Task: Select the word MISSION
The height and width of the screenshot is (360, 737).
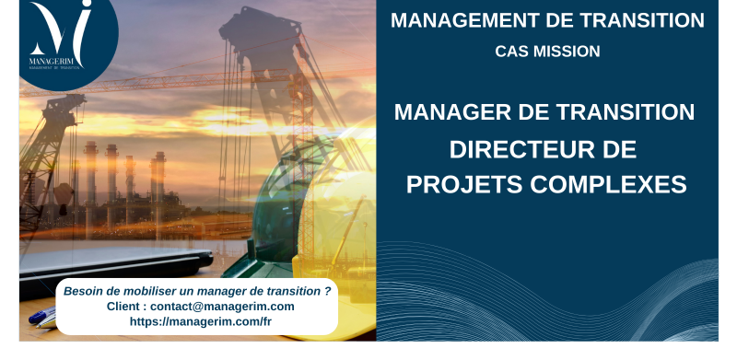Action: pyautogui.click(x=567, y=52)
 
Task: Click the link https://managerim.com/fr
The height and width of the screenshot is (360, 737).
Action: pyautogui.click(x=200, y=321)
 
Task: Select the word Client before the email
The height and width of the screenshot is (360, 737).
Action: pyautogui.click(x=125, y=306)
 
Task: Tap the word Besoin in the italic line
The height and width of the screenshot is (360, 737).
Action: pyautogui.click(x=85, y=290)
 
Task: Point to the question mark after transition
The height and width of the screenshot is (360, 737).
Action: pyautogui.click(x=328, y=290)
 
